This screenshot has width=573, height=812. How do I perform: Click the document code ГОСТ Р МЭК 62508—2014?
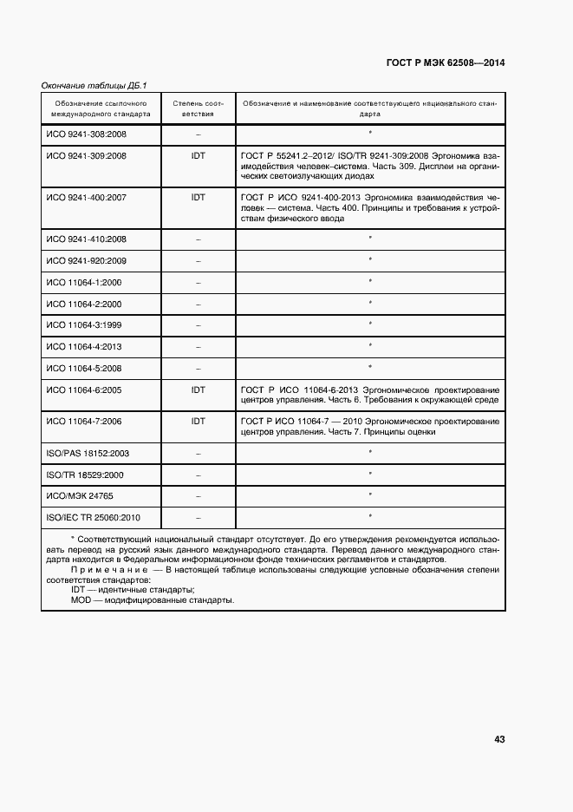[445, 63]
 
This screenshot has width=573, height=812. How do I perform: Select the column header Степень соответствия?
[198, 108]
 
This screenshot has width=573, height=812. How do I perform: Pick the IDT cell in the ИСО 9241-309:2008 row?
[198, 156]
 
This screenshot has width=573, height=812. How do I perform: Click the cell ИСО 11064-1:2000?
[84, 282]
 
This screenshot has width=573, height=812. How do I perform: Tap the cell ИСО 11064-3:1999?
[84, 325]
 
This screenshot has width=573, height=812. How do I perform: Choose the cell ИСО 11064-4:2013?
[84, 347]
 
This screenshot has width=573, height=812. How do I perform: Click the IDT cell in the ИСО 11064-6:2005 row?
[198, 390]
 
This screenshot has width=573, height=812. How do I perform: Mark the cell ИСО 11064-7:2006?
[84, 421]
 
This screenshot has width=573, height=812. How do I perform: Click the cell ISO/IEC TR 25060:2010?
[93, 518]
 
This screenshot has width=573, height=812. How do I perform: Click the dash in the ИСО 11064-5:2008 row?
[198, 369]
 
